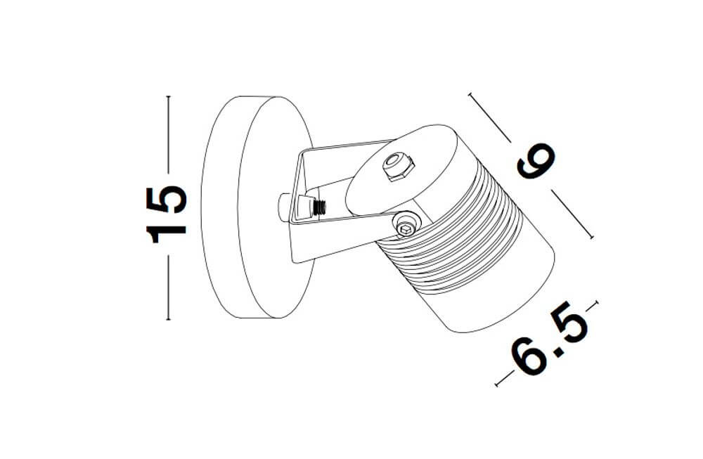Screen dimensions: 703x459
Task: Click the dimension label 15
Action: [x=166, y=214]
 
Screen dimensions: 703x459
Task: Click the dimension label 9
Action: [x=536, y=161]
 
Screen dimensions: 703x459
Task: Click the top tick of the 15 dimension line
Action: [x=168, y=96]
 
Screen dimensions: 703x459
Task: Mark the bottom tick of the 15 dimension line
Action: [x=168, y=319]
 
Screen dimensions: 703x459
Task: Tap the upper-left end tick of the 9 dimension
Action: [x=470, y=94]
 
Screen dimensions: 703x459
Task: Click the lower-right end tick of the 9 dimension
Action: [x=592, y=238]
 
